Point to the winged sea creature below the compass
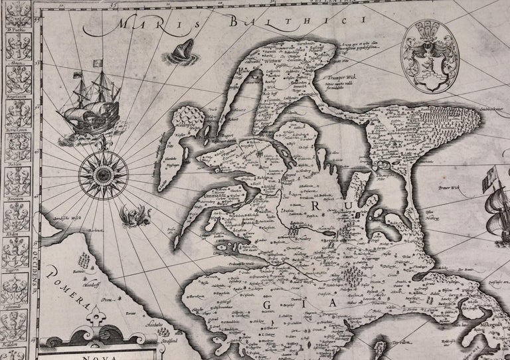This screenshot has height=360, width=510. point(130,217)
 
